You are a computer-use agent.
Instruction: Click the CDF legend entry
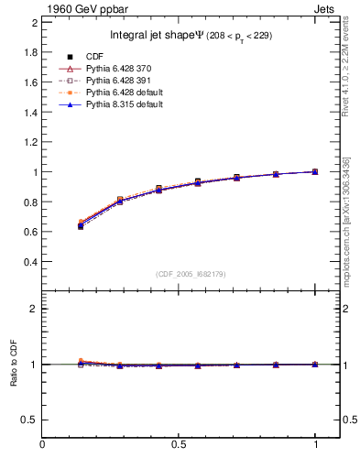(94, 57)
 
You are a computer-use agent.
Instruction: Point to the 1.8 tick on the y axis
(30, 52)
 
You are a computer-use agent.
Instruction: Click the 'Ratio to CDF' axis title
(13, 381)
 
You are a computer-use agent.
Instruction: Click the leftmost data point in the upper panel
(82, 225)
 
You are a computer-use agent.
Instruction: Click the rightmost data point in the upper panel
(315, 171)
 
